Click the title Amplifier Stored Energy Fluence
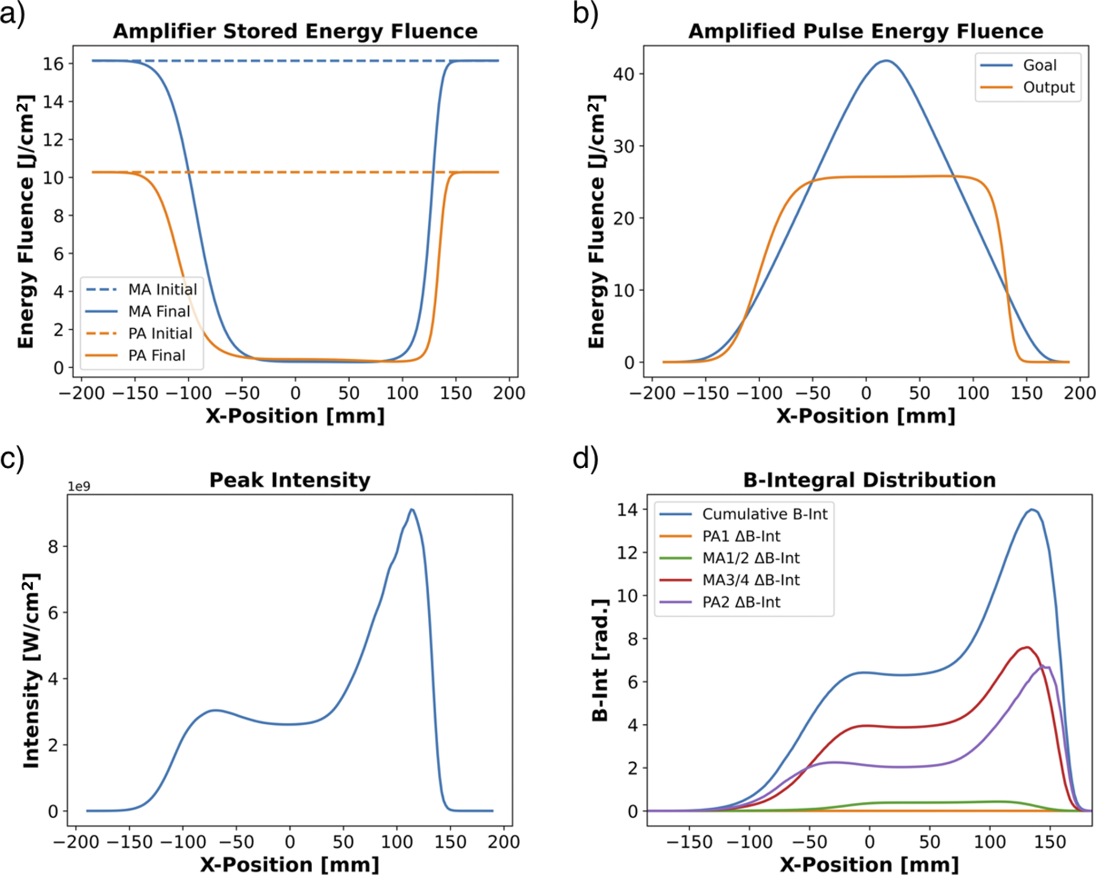(x=295, y=32)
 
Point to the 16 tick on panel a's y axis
(x=53, y=64)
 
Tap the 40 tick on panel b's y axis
(x=623, y=74)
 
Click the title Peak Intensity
(x=289, y=480)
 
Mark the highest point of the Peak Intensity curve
(x=411, y=509)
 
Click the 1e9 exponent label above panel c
(x=79, y=486)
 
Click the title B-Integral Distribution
(x=869, y=480)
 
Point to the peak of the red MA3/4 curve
(x=1026, y=647)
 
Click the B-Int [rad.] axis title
(x=601, y=660)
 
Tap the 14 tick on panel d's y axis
(x=628, y=510)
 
